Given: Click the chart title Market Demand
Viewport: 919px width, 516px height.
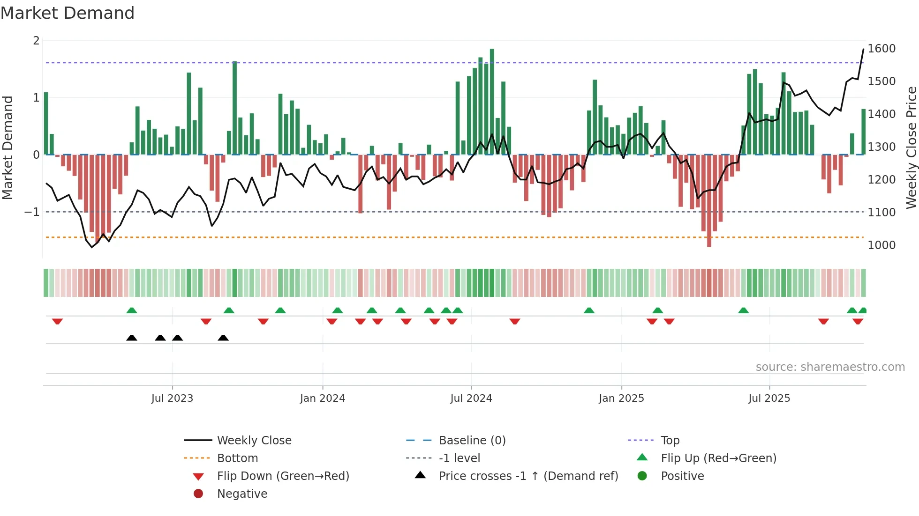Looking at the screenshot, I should (68, 13).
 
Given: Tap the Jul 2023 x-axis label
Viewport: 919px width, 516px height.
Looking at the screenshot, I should (172, 398).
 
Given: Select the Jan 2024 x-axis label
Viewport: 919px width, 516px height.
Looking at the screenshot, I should (323, 398).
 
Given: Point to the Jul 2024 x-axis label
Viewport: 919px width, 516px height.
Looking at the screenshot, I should (471, 398).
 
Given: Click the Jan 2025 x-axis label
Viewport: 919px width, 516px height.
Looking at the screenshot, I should (621, 398).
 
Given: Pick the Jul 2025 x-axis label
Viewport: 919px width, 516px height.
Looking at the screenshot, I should (769, 398).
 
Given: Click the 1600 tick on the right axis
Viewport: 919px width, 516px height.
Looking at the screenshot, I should (881, 49).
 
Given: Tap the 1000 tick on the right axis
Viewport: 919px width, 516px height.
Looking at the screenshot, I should (881, 245).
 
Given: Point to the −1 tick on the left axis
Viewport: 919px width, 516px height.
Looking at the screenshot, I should (32, 212).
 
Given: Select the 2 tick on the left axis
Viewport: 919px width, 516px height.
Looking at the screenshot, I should (36, 41).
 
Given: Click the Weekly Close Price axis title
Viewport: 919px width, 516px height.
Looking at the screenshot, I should (911, 147).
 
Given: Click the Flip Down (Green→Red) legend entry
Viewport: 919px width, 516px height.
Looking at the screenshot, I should (283, 476).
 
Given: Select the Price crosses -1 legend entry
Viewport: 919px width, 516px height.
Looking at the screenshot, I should (528, 476).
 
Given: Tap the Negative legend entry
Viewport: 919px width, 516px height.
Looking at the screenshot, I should (242, 494).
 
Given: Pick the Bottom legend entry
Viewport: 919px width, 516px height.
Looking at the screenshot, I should (237, 458).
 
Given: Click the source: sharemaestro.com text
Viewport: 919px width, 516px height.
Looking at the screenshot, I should (830, 367).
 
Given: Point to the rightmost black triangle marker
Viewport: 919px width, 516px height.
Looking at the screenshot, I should (223, 338).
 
